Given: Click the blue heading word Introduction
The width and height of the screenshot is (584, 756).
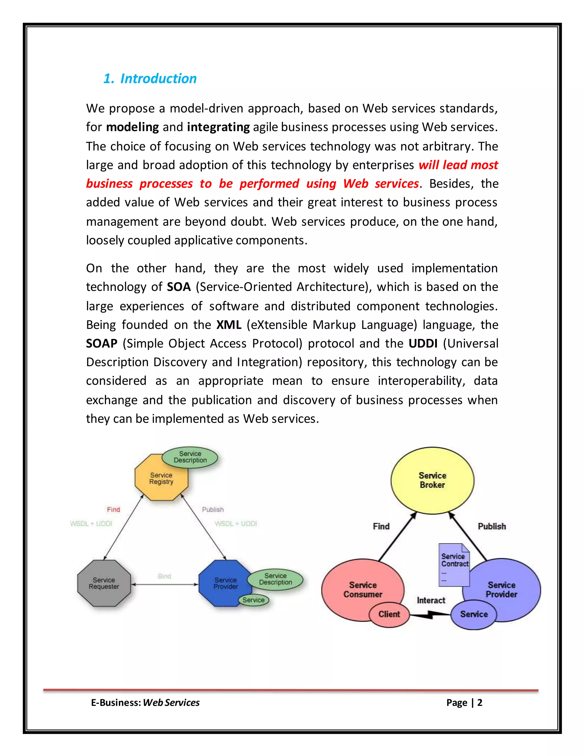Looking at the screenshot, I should [x=159, y=79].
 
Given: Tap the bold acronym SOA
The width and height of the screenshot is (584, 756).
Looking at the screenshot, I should [x=179, y=287].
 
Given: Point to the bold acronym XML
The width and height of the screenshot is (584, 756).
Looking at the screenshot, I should [x=229, y=325].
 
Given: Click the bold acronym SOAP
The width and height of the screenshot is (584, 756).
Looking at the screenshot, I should [x=102, y=344].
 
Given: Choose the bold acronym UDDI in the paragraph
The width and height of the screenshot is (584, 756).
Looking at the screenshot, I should [x=423, y=344].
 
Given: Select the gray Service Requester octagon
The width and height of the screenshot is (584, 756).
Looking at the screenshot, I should [x=104, y=583].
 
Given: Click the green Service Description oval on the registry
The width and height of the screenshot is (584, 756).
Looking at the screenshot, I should [x=190, y=457].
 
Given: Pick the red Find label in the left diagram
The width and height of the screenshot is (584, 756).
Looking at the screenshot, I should [x=113, y=510].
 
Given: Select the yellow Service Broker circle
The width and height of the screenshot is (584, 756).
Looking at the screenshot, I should [x=433, y=480].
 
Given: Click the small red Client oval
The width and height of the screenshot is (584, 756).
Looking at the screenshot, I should [x=389, y=614].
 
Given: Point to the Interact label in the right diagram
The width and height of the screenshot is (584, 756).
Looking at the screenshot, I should [x=431, y=600].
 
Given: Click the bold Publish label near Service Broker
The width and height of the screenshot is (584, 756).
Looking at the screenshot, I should [x=492, y=527].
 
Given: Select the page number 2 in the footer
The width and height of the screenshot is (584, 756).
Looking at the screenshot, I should [x=480, y=703].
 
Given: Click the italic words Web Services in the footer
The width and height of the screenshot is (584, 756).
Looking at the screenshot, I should [x=171, y=703].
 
